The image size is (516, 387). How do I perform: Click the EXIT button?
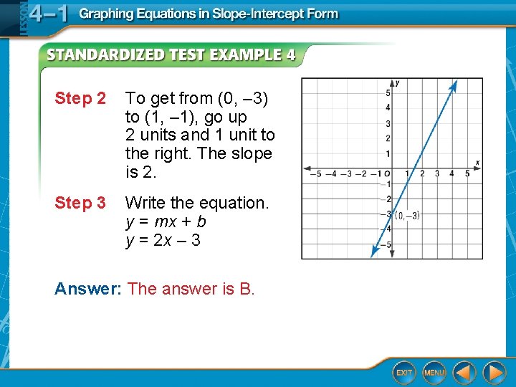pyautogui.click(x=404, y=372)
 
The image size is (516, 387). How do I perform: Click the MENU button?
pyautogui.click(x=434, y=372)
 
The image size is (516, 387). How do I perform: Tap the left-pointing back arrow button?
pyautogui.click(x=464, y=372)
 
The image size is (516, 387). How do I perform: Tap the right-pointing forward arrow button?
pyautogui.click(x=494, y=372)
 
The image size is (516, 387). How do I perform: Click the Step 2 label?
pyautogui.click(x=80, y=99)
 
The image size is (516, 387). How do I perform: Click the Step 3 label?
pyautogui.click(x=80, y=204)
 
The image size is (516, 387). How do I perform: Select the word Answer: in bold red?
pyautogui.click(x=88, y=289)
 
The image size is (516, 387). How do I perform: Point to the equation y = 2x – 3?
pyautogui.click(x=163, y=241)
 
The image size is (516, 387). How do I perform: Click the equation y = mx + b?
pyautogui.click(x=166, y=222)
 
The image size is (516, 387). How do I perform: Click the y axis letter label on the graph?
pyautogui.click(x=397, y=83)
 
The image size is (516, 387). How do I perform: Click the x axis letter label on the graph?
pyautogui.click(x=477, y=163)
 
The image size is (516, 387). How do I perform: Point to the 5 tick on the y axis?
pyautogui.click(x=388, y=93)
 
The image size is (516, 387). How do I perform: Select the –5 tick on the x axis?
pyautogui.click(x=315, y=173)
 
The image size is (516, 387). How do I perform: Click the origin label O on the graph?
pyautogui.click(x=386, y=173)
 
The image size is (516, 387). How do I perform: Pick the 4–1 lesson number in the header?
pyautogui.click(x=48, y=14)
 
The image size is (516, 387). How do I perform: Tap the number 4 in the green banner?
pyautogui.click(x=290, y=55)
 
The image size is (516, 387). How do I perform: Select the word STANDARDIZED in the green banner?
pyautogui.click(x=106, y=55)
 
